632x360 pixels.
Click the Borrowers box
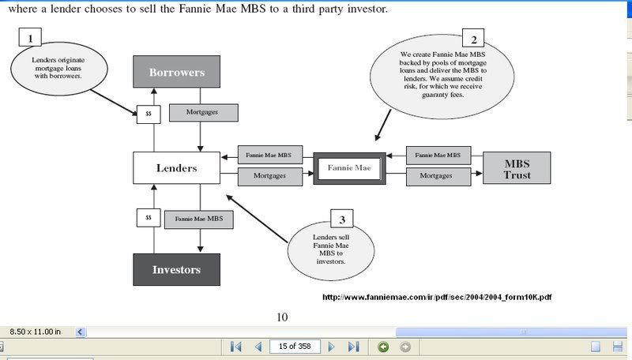click(176, 73)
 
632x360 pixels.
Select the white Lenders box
click(176, 167)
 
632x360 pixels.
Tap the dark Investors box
click(176, 269)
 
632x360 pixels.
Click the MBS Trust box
click(517, 167)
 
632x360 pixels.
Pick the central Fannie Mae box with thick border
click(349, 167)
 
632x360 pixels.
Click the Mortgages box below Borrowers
click(203, 113)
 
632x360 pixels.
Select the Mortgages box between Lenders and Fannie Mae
click(270, 176)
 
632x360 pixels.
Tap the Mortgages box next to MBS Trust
click(436, 176)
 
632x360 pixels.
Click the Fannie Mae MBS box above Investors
click(199, 218)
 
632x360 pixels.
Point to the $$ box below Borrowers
click(148, 114)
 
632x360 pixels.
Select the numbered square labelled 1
click(30, 37)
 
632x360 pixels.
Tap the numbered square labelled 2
click(474, 39)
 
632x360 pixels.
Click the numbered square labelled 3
click(342, 219)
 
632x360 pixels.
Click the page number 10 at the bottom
click(282, 317)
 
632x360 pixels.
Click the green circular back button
click(383, 347)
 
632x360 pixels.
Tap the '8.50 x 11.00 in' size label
click(36, 331)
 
